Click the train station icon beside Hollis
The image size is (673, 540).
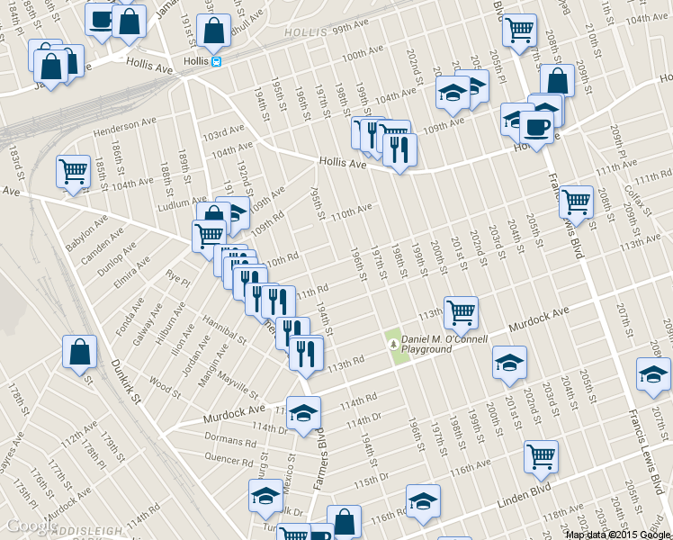click(216, 61)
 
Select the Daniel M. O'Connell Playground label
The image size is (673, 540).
click(444, 344)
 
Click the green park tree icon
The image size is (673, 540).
click(393, 342)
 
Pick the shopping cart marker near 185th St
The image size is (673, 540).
click(73, 171)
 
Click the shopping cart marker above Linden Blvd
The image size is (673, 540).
click(541, 456)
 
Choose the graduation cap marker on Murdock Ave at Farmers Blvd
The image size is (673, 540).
click(304, 411)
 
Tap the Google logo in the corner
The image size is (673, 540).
click(31, 526)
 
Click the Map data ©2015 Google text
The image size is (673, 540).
click(616, 535)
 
